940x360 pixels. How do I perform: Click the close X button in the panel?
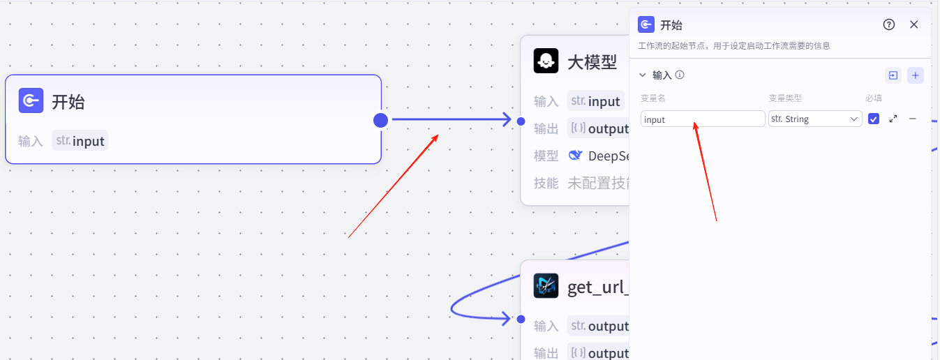point(913,24)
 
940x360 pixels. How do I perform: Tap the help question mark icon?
point(888,24)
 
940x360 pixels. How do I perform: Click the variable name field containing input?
point(702,119)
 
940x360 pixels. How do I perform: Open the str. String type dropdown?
point(815,119)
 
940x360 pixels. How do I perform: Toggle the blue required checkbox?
point(874,119)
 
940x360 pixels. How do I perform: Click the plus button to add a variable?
point(916,75)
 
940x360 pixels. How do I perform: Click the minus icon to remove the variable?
point(912,119)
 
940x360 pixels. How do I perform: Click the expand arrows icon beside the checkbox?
point(893,119)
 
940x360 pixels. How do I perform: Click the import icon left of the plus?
point(893,75)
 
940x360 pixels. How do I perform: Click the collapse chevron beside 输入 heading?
point(643,75)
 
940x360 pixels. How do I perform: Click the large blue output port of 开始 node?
point(380,120)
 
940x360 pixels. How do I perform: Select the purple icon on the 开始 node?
point(31,101)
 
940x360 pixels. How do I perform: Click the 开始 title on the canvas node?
point(68,102)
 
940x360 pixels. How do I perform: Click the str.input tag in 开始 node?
point(80,141)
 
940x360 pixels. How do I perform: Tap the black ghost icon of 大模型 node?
point(546,61)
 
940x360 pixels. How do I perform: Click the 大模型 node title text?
point(592,62)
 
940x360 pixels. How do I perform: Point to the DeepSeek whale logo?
point(576,156)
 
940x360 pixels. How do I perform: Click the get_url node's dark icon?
point(546,286)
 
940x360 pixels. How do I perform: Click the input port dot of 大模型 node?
point(521,121)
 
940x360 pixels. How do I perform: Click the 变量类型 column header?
point(785,98)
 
